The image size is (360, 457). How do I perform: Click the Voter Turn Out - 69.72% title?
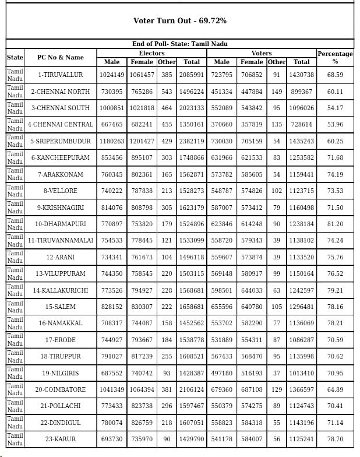point(179,21)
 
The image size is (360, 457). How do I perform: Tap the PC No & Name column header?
point(60,57)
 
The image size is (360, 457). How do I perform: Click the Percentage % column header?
point(335,57)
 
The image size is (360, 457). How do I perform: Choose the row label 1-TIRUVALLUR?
point(60,75)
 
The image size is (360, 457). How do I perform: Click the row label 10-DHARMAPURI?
point(60,224)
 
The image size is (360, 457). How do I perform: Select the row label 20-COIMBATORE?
point(60,389)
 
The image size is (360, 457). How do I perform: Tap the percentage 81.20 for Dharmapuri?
point(335,224)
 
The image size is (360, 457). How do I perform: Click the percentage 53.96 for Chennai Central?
point(335,124)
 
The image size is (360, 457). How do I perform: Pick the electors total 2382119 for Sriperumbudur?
point(192,141)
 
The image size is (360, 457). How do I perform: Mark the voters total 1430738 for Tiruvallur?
point(302,75)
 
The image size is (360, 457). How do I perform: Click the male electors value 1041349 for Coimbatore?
point(112,389)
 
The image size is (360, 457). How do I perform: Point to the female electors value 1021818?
point(142,108)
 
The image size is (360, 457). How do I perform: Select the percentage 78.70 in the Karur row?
point(335,439)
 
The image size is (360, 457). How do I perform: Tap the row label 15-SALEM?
point(60,307)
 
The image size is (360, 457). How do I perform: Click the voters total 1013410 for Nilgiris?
point(302,373)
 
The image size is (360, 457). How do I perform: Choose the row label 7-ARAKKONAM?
point(60,174)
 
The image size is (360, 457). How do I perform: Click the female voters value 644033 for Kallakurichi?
point(252,290)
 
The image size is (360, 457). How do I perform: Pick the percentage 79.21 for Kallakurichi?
point(335,290)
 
